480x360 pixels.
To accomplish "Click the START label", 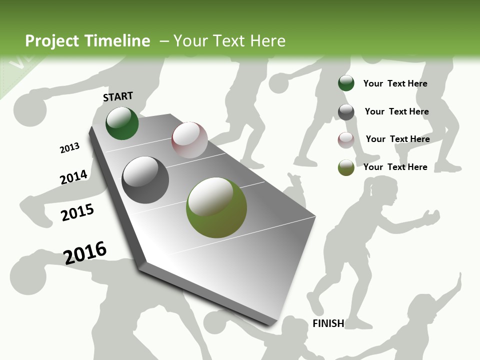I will click(x=118, y=96).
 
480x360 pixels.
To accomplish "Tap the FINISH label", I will click(x=328, y=323).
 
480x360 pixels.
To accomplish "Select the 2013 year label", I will click(x=69, y=148).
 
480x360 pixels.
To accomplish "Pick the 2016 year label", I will click(x=85, y=252).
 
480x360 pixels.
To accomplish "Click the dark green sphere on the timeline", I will click(x=122, y=123).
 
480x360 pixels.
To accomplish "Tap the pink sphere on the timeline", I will click(x=189, y=140).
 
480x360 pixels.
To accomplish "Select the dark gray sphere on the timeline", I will click(x=145, y=180).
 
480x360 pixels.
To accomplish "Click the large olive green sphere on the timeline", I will click(x=216, y=207).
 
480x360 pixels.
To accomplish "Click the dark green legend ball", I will click(x=346, y=83).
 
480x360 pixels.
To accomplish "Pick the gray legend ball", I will click(x=346, y=112).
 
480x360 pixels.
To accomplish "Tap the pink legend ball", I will click(x=346, y=140).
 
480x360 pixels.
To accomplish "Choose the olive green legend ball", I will click(x=346, y=167).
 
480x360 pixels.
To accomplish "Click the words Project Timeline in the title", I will click(x=87, y=41).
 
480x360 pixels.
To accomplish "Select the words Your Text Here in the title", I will click(x=229, y=41).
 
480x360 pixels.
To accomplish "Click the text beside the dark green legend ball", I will click(x=395, y=83).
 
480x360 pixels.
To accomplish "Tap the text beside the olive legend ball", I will click(x=395, y=167).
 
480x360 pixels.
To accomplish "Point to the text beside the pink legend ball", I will click(x=397, y=139).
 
